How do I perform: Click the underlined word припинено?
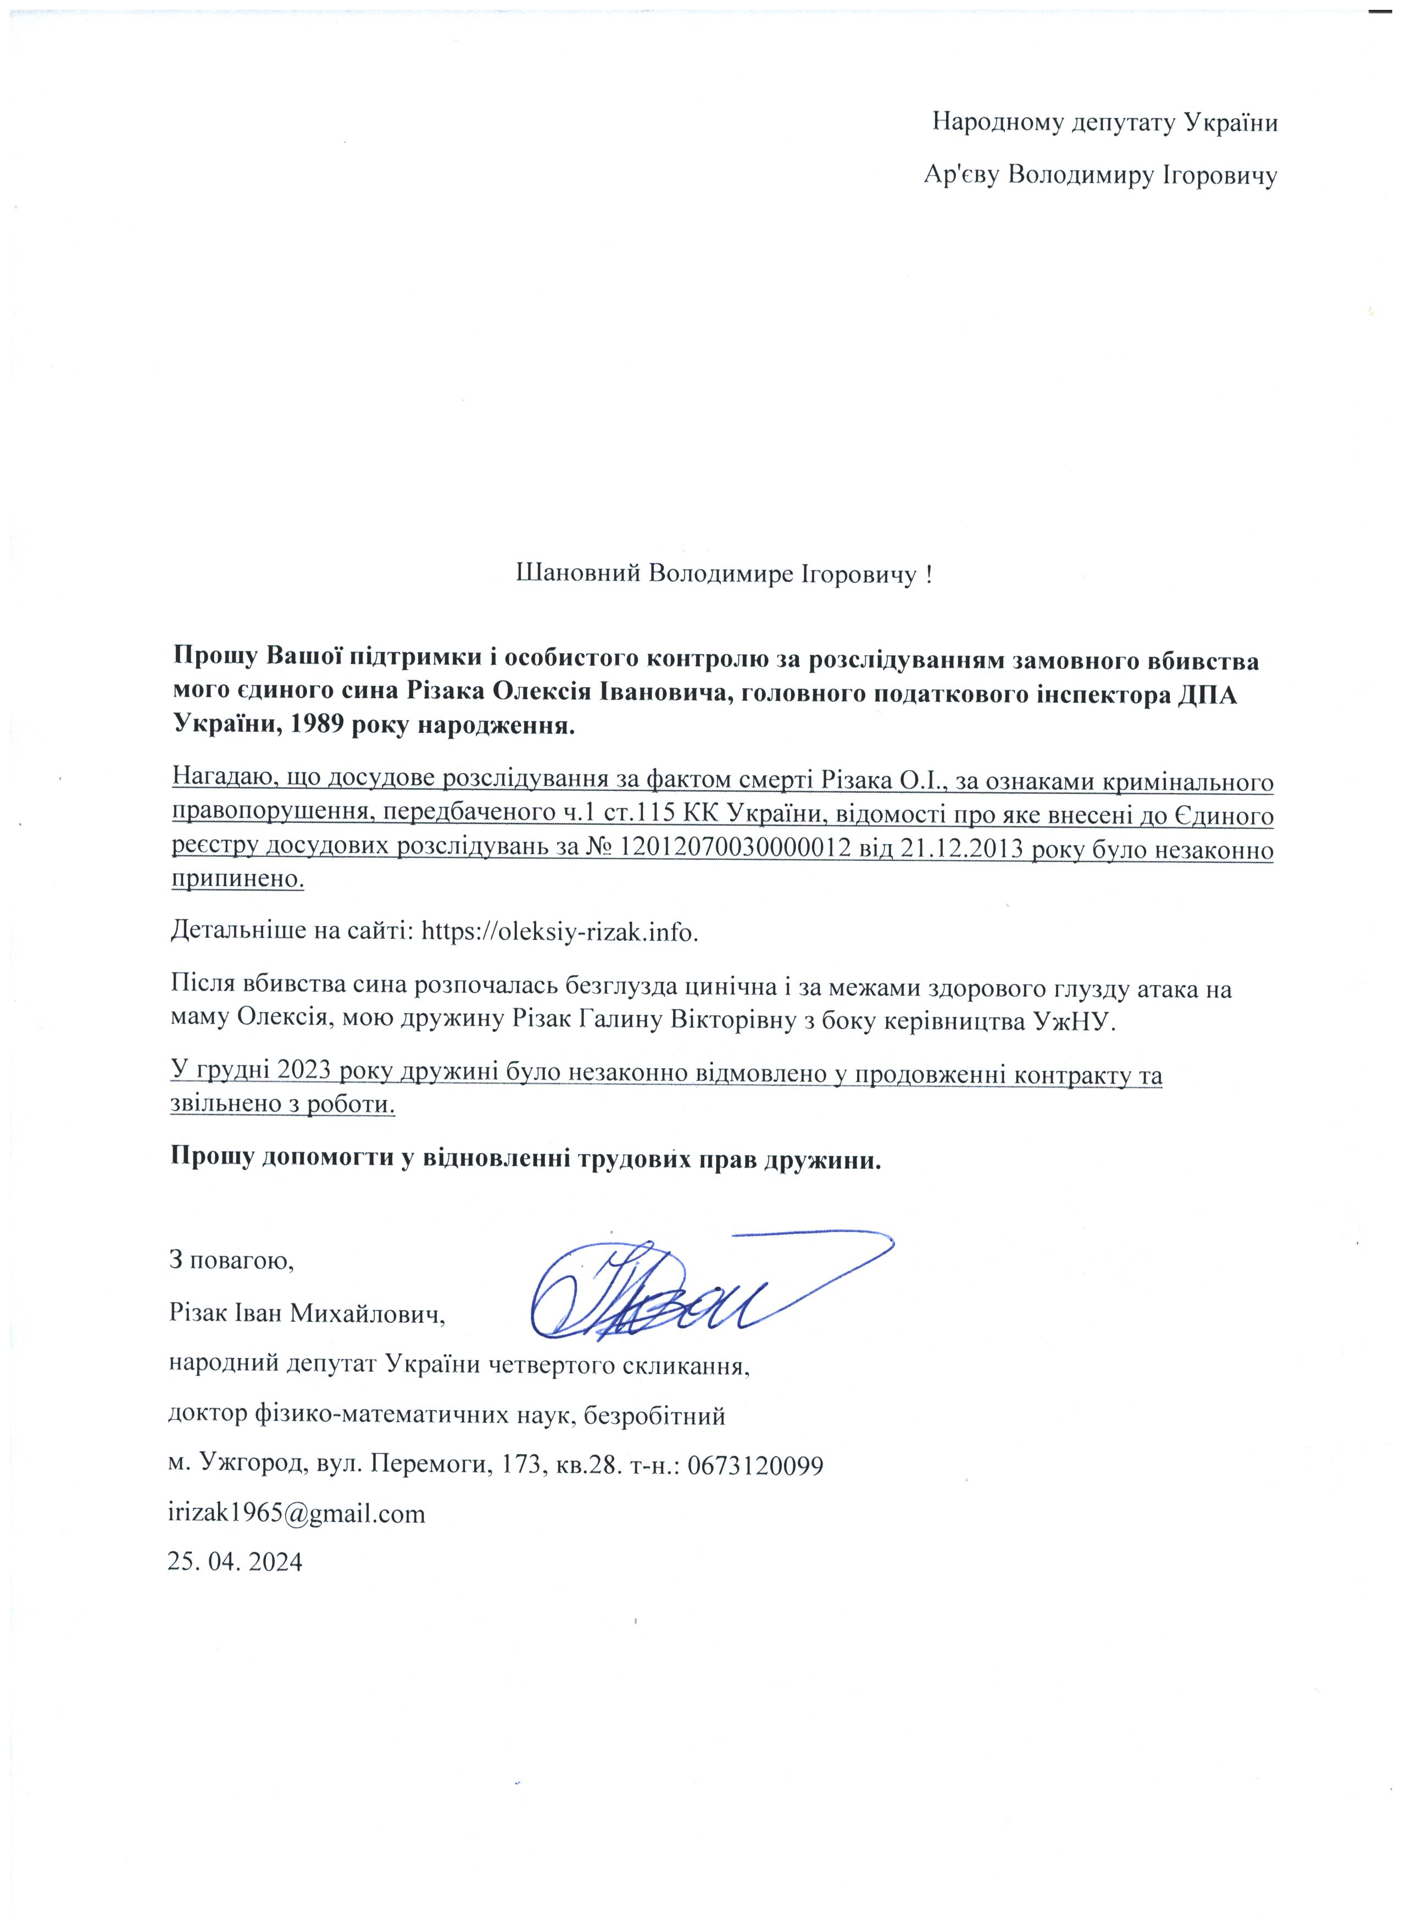coord(238,879)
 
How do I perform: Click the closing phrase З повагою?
coord(232,1258)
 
